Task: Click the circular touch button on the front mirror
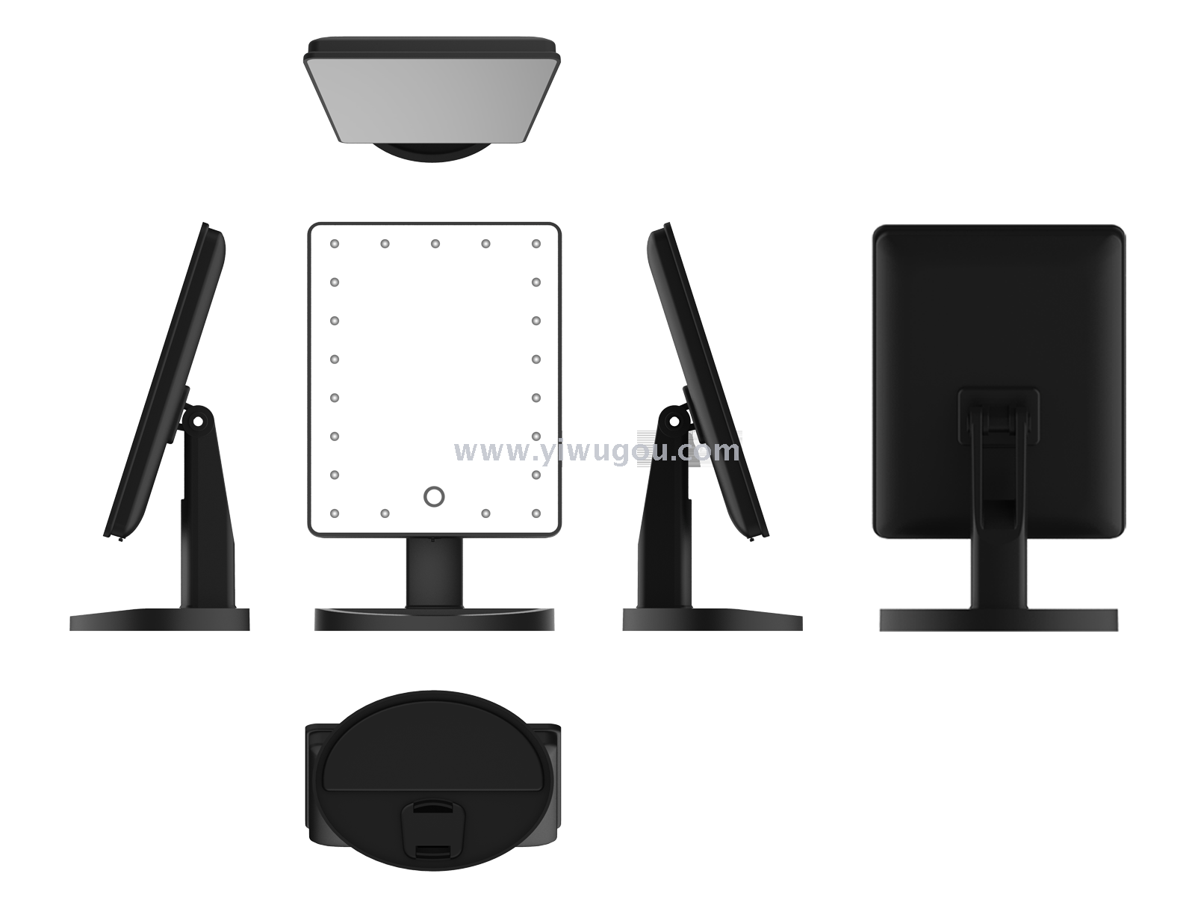[x=433, y=496]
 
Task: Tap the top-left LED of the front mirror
[x=335, y=244]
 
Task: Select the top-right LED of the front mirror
[x=536, y=244]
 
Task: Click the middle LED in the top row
[x=435, y=244]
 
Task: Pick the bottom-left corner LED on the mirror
[x=335, y=513]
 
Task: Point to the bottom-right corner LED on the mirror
[x=536, y=513]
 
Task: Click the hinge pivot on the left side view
[x=198, y=421]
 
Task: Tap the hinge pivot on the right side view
[x=674, y=421]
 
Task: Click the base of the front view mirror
[x=434, y=619]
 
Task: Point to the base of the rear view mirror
[x=999, y=620]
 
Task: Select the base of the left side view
[x=160, y=620]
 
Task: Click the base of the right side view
[x=712, y=620]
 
